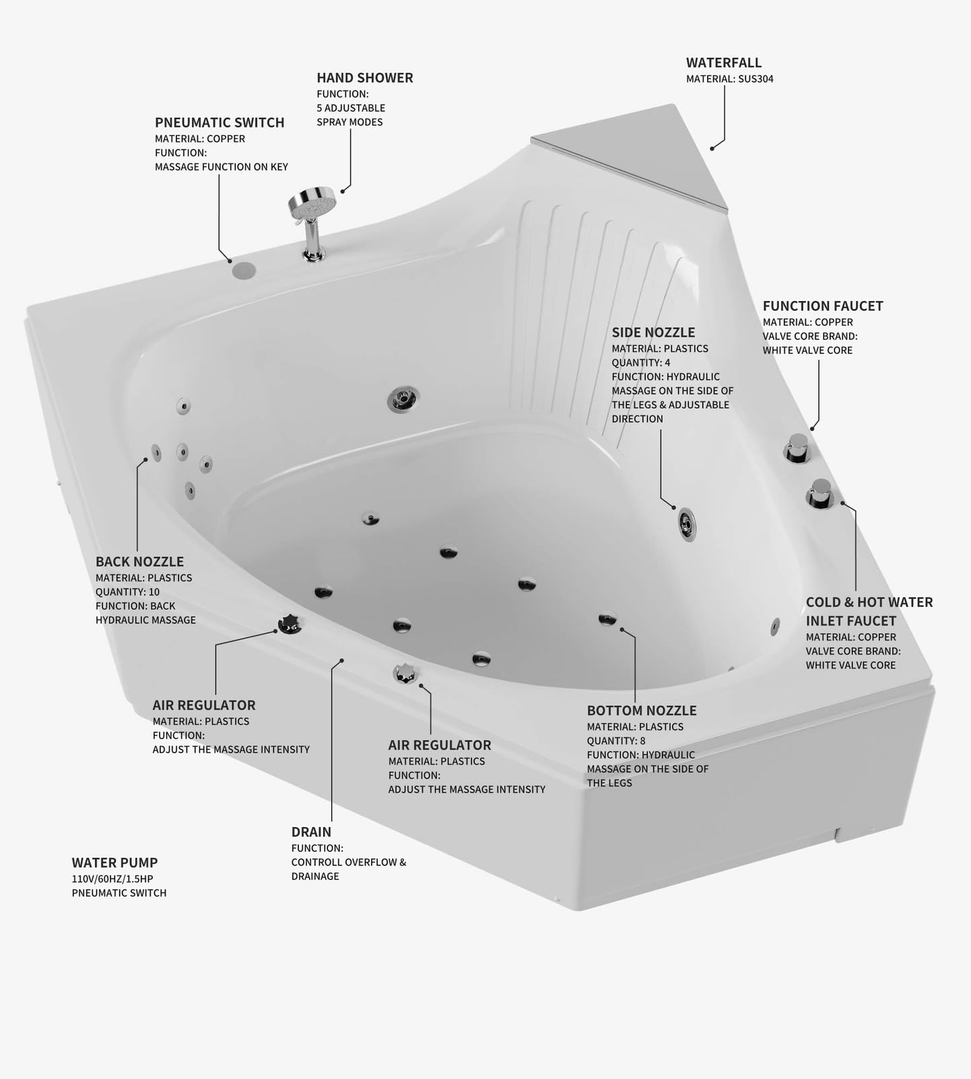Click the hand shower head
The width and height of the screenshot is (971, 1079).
312,202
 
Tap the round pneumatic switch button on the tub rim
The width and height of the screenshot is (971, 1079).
244,271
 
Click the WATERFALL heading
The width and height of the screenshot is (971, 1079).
723,63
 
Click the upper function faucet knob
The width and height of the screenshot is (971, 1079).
798,447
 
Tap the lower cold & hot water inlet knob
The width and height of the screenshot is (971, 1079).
820,493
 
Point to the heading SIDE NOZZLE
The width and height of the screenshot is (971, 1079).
652,332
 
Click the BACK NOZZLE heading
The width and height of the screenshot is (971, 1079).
139,562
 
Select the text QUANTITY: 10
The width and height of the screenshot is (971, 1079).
127,592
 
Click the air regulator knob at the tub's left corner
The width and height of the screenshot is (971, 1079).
290,624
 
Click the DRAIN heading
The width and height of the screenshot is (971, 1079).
311,832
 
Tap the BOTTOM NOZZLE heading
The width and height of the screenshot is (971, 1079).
641,711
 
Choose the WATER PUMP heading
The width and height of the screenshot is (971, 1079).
114,863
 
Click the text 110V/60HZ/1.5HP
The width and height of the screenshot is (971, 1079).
112,878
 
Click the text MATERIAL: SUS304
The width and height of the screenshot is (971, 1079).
729,79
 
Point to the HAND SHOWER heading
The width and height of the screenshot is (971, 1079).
364,78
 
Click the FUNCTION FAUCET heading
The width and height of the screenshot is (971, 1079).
822,306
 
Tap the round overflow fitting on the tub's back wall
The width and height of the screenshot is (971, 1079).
403,399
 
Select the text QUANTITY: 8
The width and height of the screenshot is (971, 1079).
615,741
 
